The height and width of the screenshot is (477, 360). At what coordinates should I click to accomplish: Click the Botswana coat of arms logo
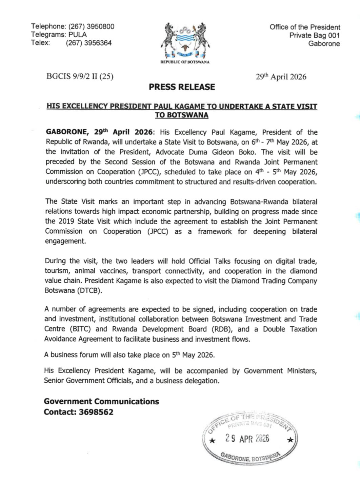click(x=185, y=40)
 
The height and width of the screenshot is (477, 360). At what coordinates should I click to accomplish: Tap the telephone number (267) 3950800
click(x=91, y=26)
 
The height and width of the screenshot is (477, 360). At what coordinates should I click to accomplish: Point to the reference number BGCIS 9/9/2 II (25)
click(x=80, y=77)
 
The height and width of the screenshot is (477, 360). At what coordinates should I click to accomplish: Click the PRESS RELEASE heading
click(x=182, y=87)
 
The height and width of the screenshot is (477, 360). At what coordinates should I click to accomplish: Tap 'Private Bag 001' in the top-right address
click(x=314, y=35)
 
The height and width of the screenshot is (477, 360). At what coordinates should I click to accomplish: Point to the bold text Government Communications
click(x=101, y=401)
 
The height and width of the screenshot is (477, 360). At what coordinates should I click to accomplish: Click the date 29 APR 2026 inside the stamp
click(x=247, y=439)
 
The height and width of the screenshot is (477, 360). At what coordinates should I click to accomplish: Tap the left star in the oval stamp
click(x=212, y=441)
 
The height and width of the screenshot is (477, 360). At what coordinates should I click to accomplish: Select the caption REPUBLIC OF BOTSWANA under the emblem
click(x=185, y=62)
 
